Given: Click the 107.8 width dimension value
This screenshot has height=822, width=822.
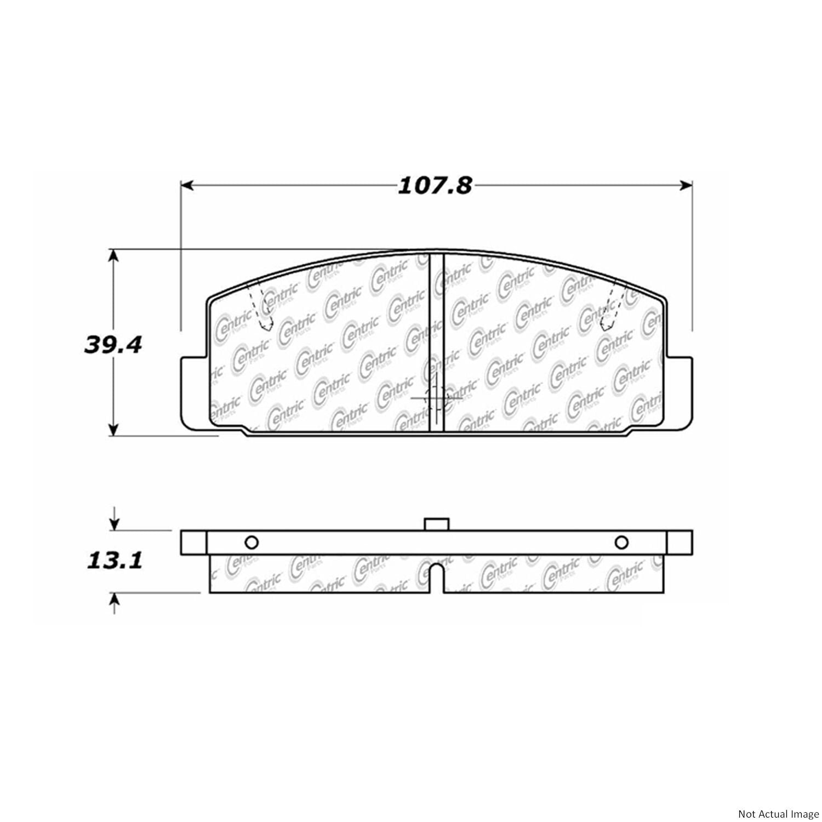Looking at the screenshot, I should [435, 186].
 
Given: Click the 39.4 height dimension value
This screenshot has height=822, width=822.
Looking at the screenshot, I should [113, 345].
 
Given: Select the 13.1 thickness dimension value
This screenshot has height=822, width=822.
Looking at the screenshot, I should [115, 560].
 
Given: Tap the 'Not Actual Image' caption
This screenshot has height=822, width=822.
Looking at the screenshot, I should [778, 814].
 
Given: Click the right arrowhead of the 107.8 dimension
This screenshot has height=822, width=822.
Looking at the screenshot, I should [686, 186].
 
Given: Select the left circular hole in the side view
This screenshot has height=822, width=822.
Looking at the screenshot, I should [251, 543].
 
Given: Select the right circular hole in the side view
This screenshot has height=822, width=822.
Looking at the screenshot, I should [621, 543].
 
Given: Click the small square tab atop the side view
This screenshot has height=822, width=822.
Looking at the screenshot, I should [437, 524].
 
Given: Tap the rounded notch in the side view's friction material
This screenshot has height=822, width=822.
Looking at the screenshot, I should [436, 578].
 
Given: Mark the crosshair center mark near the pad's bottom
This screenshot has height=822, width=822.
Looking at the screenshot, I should [436, 398].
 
